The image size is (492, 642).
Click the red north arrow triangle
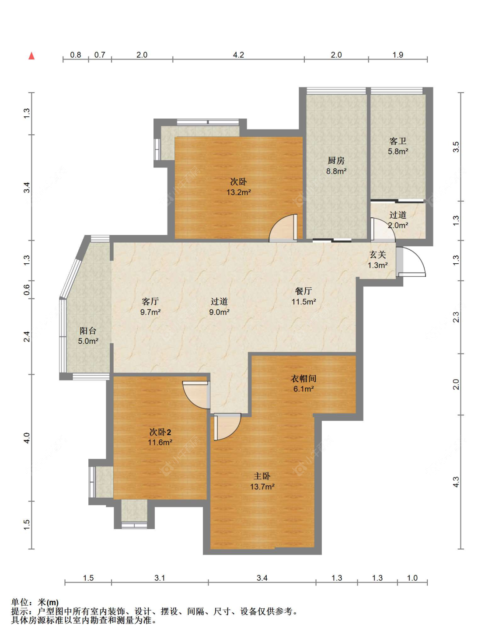click(31, 56)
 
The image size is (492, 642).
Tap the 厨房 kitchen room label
click(336, 160)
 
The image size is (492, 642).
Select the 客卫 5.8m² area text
click(398, 151)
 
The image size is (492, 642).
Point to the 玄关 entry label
click(377, 255)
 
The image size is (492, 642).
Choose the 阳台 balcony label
click(88, 330)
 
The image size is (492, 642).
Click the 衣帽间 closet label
click(304, 378)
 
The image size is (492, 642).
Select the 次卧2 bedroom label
click(160, 432)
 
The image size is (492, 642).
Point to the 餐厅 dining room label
click(304, 291)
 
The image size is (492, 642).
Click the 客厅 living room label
click(150, 301)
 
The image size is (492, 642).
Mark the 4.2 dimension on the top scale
click(238, 55)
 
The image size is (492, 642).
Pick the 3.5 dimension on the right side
click(456, 147)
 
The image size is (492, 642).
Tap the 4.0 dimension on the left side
click(27, 438)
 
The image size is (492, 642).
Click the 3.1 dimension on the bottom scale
click(160, 578)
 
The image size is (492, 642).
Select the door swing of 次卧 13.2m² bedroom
click(283, 228)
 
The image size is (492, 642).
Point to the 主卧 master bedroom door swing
click(227, 427)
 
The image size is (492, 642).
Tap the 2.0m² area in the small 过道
click(398, 225)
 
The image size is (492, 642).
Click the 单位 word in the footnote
click(20, 602)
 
